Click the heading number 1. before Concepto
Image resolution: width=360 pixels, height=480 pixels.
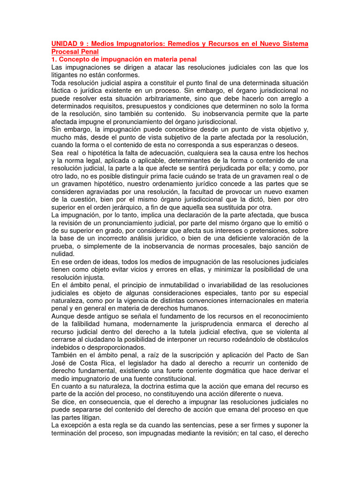pyautogui.click(x=54, y=60)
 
